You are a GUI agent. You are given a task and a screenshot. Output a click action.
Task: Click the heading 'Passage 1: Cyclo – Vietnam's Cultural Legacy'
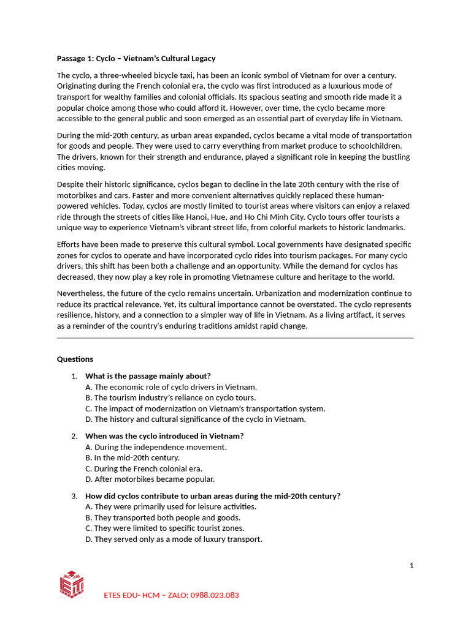tap(136, 59)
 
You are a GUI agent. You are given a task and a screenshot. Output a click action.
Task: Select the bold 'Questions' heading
tap(75, 359)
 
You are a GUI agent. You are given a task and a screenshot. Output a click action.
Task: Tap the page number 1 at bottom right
tap(412, 566)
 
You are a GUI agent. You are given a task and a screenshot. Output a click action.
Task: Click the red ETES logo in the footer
tap(72, 585)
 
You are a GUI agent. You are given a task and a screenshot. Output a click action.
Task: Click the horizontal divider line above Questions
tap(235, 337)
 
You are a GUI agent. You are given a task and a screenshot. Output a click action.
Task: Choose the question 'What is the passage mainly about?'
tap(148, 376)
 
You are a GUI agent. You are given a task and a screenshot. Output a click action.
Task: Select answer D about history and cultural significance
tap(195, 419)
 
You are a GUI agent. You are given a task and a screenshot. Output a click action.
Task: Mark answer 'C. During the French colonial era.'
tap(144, 469)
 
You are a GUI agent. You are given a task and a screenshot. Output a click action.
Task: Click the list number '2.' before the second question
tap(74, 436)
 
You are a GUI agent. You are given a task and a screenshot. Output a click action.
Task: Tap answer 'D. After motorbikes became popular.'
tap(150, 479)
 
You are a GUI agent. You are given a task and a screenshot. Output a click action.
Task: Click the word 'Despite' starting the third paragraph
tap(71, 184)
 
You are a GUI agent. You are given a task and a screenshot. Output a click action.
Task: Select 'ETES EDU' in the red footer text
tap(121, 595)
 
